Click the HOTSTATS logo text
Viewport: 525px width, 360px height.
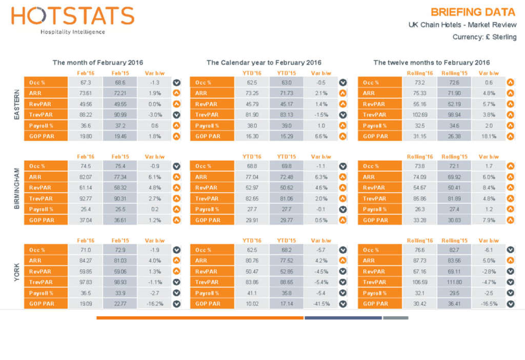pos(73,16)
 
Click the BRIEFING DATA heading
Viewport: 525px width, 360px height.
pos(473,12)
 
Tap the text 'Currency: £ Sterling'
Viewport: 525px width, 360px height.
pos(484,37)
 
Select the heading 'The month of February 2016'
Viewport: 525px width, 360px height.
pos(98,63)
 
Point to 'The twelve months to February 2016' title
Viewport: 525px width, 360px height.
pos(431,63)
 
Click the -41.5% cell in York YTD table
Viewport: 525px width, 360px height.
pos(321,304)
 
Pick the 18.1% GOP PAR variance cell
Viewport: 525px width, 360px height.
pos(489,136)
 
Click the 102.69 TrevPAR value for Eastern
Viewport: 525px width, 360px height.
pos(419,115)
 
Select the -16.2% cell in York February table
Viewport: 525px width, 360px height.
pos(155,304)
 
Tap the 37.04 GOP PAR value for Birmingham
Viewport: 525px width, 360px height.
pos(86,220)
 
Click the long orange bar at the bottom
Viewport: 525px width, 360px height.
pos(200,318)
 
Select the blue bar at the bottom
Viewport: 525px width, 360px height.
pos(343,318)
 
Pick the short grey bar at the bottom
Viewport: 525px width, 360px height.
pos(395,318)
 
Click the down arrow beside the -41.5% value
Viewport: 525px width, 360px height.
pos(343,304)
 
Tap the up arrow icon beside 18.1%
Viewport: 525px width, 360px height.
pos(510,136)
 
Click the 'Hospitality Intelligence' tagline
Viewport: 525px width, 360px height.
pos(73,32)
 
